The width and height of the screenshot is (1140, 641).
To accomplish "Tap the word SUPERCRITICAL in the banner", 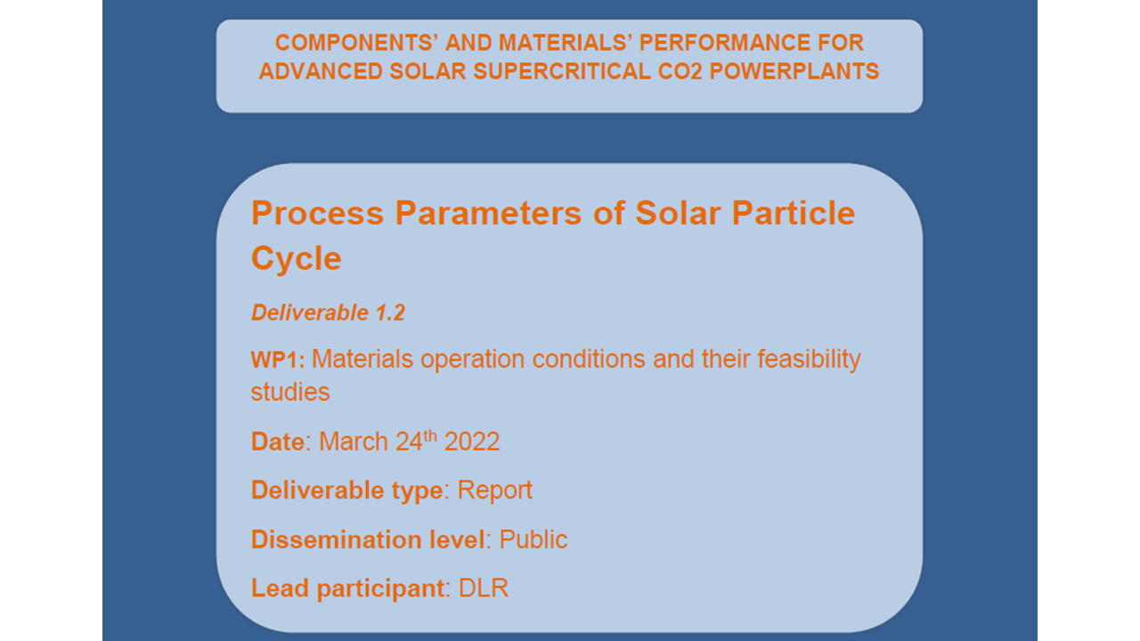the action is click(561, 71).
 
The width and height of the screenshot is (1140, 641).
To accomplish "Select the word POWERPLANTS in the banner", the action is click(794, 71).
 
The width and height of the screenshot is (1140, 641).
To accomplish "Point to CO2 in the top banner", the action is click(680, 71).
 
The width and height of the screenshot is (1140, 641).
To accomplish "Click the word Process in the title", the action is click(317, 213).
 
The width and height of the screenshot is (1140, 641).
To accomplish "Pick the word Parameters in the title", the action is click(488, 213).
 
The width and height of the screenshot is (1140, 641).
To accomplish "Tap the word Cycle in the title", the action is click(297, 258).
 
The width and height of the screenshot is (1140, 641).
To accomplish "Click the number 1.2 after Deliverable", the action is click(390, 312).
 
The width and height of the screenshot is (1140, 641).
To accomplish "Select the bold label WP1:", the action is click(278, 360).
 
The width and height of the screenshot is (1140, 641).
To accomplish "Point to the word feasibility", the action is click(809, 360).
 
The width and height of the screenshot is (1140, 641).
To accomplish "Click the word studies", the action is click(290, 393).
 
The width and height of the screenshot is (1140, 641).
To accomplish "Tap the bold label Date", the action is click(278, 442).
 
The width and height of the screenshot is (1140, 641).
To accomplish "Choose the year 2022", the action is click(472, 442).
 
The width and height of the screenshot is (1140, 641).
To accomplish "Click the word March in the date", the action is click(354, 442).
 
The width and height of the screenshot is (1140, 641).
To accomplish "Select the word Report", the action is click(494, 491).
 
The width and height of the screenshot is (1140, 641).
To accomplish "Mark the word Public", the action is click(533, 540).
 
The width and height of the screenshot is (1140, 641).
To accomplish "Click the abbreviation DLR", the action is click(484, 588).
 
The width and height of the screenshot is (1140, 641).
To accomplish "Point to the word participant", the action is click(380, 589).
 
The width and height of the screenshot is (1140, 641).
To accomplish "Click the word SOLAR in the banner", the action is click(427, 71).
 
